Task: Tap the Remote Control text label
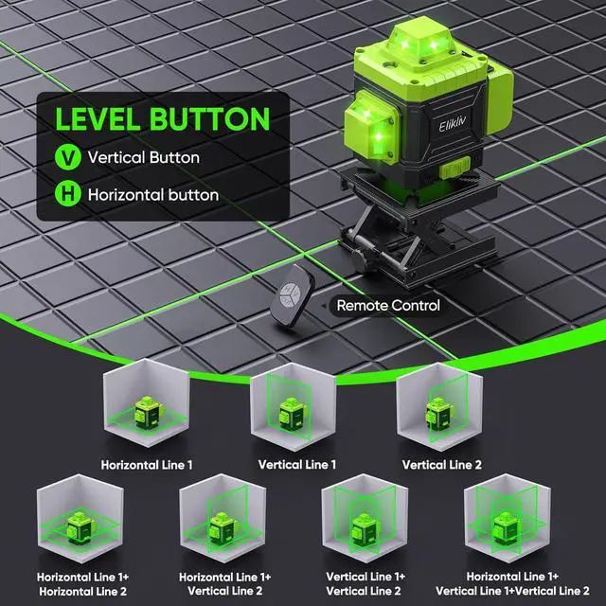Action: pos(388,306)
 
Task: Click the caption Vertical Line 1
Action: pos(296,464)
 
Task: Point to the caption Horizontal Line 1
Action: pos(147,464)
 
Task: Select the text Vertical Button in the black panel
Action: pos(143,157)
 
